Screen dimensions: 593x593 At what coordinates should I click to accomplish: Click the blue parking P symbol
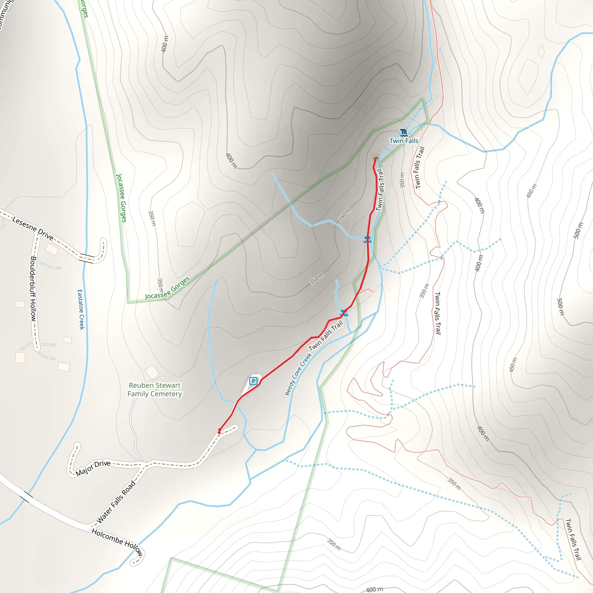point(253,381)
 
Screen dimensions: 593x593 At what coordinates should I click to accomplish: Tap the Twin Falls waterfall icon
point(404,133)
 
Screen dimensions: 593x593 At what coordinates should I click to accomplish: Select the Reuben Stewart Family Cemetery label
point(155,389)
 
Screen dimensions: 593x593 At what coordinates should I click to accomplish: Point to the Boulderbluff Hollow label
point(33,289)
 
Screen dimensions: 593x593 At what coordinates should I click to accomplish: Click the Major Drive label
point(93,468)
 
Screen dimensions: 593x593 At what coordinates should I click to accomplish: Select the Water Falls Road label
point(116,502)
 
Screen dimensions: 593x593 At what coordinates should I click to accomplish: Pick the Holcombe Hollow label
point(117,542)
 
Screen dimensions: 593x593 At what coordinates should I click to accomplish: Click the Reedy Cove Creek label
point(298,374)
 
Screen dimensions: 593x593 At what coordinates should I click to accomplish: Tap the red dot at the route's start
point(219,432)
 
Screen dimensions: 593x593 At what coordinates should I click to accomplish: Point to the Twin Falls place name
point(404,141)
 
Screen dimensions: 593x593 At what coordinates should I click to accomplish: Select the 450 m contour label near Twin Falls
point(532,191)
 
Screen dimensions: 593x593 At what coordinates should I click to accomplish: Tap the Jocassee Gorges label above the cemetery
point(168,288)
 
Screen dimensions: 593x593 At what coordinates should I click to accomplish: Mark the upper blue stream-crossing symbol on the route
point(367,240)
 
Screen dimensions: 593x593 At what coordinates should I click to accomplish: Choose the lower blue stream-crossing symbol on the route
point(344,313)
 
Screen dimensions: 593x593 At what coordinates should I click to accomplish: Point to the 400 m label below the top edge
point(165,44)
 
